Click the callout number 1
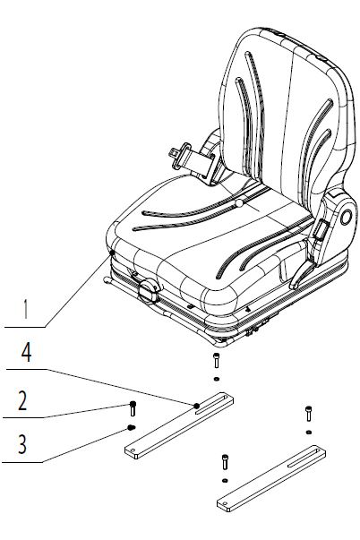(x=25, y=309)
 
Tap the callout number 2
(x=22, y=400)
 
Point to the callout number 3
(x=22, y=444)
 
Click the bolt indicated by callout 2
(x=133, y=408)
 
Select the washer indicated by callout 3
(x=132, y=428)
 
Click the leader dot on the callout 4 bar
(x=196, y=406)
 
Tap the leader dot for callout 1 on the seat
(x=112, y=253)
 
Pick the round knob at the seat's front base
(x=149, y=291)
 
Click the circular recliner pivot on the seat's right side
(x=346, y=218)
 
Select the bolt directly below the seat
(x=217, y=360)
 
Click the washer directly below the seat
(x=217, y=379)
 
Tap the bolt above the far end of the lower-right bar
(x=309, y=413)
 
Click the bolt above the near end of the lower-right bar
(x=225, y=461)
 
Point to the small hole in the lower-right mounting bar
(x=226, y=504)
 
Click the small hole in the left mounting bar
(x=133, y=450)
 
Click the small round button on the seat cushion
(x=239, y=203)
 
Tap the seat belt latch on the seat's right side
(x=320, y=230)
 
